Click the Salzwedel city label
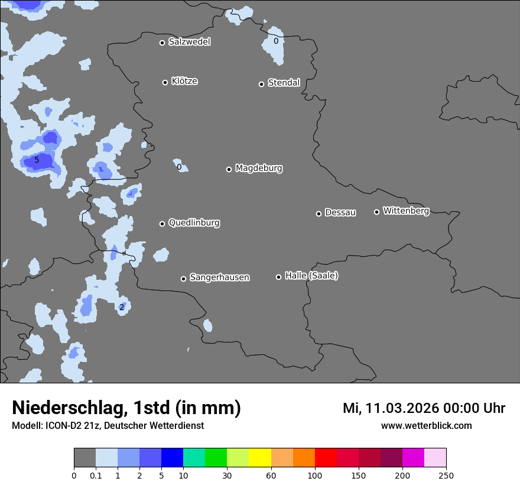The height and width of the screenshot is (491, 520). tap(189, 42)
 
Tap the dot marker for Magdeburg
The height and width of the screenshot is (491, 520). tap(229, 169)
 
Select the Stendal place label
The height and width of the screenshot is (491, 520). tap(284, 83)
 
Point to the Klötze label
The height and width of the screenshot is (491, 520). tap(184, 81)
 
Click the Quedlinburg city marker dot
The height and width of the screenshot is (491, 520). tap(162, 224)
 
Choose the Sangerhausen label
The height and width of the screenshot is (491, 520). tap(219, 277)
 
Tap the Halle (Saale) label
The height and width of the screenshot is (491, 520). tap(311, 276)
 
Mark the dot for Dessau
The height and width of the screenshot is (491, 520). tap(318, 214)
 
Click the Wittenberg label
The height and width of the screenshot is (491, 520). tap(406, 211)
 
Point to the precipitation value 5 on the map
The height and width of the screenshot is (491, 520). tap(37, 160)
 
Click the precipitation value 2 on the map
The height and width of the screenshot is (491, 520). tap(122, 307)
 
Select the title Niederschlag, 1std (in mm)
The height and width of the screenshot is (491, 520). tap(126, 408)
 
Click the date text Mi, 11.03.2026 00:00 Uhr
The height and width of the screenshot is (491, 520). tap(424, 408)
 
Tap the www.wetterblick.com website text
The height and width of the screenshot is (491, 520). tap(426, 426)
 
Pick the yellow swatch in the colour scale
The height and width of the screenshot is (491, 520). tap(260, 458)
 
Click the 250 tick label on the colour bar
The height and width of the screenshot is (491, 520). tap(446, 476)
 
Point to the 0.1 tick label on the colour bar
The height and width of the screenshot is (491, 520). tap(96, 476)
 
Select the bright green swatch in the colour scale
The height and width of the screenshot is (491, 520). tap(216, 458)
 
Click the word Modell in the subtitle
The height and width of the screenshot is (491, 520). tap(26, 426)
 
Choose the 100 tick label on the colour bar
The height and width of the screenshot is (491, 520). tap(314, 476)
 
